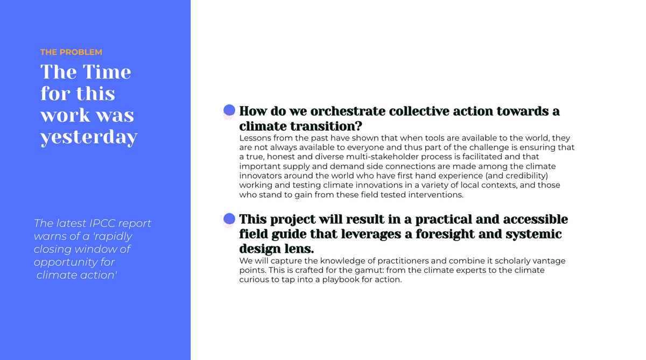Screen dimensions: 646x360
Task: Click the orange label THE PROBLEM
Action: (71, 52)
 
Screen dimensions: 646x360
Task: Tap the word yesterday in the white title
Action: (89, 137)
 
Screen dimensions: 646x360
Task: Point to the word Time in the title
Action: (107, 72)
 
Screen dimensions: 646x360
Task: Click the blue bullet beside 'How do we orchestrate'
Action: (229, 111)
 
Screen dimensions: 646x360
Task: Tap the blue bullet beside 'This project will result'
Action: (229, 220)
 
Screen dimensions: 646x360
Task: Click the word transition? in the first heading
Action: (326, 126)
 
